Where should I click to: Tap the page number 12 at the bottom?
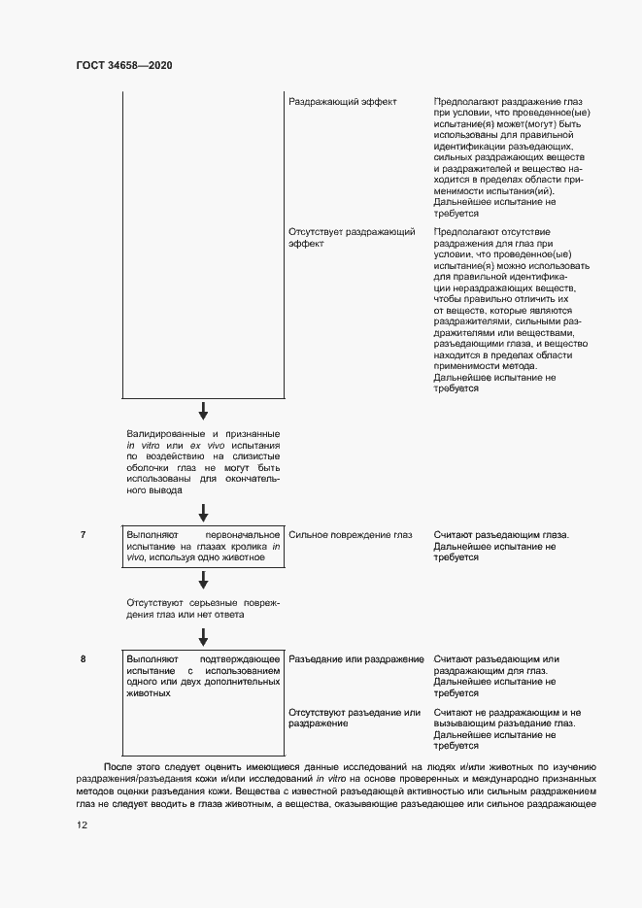coord(83,824)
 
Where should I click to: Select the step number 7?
coord(84,535)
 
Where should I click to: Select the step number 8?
coord(84,659)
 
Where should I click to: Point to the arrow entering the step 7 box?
coord(203,513)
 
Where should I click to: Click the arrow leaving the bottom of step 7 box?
coord(203,580)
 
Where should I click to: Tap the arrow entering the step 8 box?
coord(203,636)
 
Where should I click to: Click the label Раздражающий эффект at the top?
coord(343,101)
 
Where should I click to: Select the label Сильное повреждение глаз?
coord(351,535)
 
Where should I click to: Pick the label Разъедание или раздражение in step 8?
coord(355,659)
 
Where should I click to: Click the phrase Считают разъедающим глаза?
coord(500,535)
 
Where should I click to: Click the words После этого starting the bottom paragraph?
coord(128,767)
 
